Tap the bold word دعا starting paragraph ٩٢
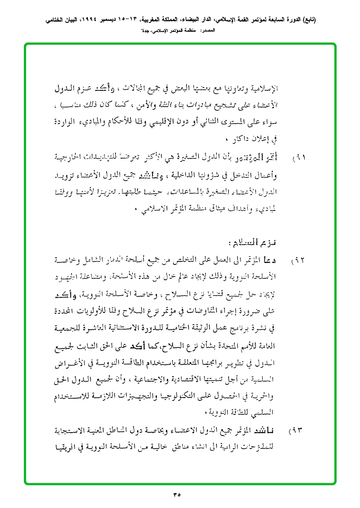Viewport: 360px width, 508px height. point(272,259)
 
